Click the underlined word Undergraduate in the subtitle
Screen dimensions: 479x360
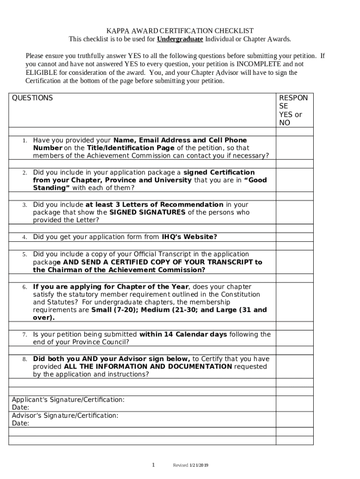(x=180, y=39)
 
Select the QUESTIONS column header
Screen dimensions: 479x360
(x=32, y=98)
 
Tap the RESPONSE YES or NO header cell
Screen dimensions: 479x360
(x=295, y=110)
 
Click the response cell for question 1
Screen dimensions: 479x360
(x=295, y=148)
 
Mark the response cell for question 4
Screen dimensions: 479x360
(x=295, y=237)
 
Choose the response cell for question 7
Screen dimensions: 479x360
(x=295, y=338)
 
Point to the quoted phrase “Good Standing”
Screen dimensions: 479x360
(x=150, y=184)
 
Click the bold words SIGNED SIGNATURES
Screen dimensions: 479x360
(x=147, y=212)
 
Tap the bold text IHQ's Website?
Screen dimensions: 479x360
(x=189, y=237)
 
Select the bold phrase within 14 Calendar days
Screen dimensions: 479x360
(x=183, y=334)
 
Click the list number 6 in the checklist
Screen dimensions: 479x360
(x=24, y=287)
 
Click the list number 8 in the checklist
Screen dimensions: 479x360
(x=24, y=359)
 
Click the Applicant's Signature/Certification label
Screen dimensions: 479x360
(x=68, y=400)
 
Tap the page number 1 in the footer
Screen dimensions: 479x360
(x=153, y=464)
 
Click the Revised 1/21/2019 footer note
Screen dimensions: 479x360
(x=191, y=465)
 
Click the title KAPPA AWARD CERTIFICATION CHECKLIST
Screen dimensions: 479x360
(x=180, y=30)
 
